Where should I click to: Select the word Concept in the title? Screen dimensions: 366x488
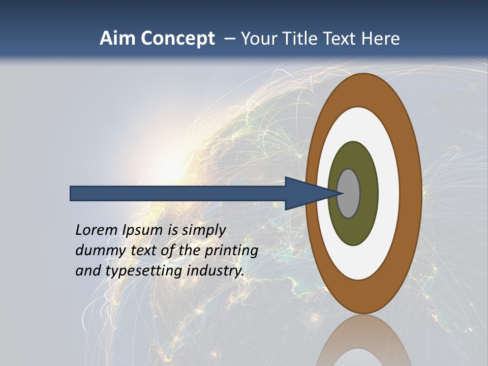177,38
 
